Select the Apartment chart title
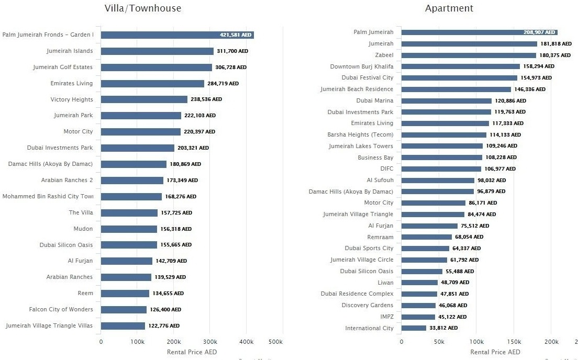point(449,8)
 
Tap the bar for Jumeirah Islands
point(157,51)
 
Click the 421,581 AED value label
point(236,35)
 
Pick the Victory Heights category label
point(72,99)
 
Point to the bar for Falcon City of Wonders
point(124,310)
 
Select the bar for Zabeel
point(469,55)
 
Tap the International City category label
point(369,328)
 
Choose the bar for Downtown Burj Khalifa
point(461,66)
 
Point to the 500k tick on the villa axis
point(275,342)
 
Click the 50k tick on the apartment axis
point(439,342)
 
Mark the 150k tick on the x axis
point(514,342)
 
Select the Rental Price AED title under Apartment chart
point(495,352)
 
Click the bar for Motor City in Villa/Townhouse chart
point(140,132)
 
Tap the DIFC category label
point(386,168)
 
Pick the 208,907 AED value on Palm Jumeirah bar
point(539,32)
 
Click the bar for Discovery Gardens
point(418,306)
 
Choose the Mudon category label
point(83,229)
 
